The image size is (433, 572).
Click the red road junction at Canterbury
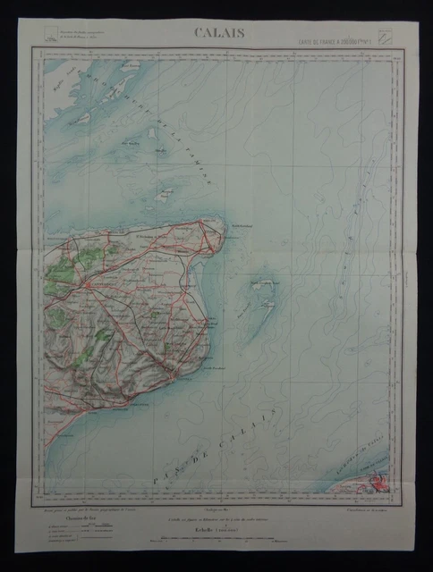[x=91, y=286]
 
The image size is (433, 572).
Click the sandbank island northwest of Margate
[x=165, y=193]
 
